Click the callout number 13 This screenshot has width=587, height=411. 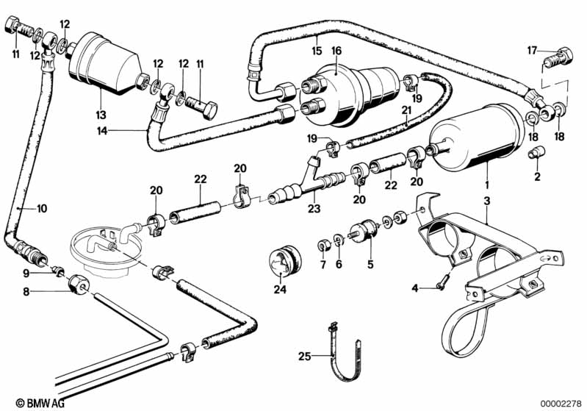[x=101, y=115]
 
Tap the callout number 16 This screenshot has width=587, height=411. [x=336, y=51]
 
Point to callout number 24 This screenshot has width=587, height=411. [x=279, y=289]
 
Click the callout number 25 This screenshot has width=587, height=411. [x=306, y=357]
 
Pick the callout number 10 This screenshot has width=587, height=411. [x=41, y=209]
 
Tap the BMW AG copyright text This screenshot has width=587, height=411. [x=29, y=402]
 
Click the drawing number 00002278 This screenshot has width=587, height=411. [x=561, y=402]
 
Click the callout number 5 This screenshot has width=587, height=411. [x=370, y=262]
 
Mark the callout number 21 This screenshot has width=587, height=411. [x=406, y=111]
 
